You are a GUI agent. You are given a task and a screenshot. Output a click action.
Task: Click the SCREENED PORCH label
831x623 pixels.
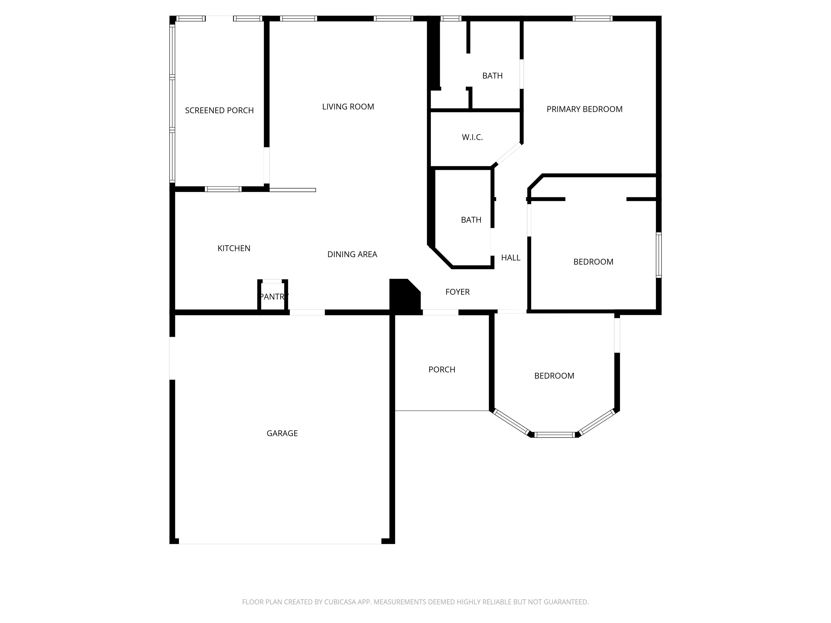(219, 110)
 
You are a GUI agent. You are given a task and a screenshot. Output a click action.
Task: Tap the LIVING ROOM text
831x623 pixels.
(348, 107)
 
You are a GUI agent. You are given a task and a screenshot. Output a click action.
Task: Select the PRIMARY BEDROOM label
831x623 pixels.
(585, 109)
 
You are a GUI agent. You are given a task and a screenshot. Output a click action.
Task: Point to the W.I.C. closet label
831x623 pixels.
(472, 137)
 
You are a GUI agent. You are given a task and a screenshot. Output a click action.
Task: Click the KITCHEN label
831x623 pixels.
(234, 248)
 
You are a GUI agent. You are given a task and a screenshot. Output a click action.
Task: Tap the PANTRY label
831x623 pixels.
(274, 297)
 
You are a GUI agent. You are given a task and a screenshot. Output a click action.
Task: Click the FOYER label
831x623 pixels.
(458, 292)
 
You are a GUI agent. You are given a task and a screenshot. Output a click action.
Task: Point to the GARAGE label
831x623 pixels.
(282, 433)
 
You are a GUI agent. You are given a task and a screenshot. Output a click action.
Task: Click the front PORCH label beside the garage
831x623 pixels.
(442, 370)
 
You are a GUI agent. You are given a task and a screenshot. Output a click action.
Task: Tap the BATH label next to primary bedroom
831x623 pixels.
(493, 76)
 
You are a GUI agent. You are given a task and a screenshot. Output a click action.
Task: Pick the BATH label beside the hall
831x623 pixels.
(471, 220)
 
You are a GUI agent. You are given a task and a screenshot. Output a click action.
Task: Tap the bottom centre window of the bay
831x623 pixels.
(555, 435)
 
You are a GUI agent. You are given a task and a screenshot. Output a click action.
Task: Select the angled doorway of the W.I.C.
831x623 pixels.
(509, 154)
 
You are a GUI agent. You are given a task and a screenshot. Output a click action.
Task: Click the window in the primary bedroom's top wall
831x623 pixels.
(592, 18)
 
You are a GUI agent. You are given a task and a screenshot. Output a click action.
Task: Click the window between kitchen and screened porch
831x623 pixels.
(223, 189)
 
